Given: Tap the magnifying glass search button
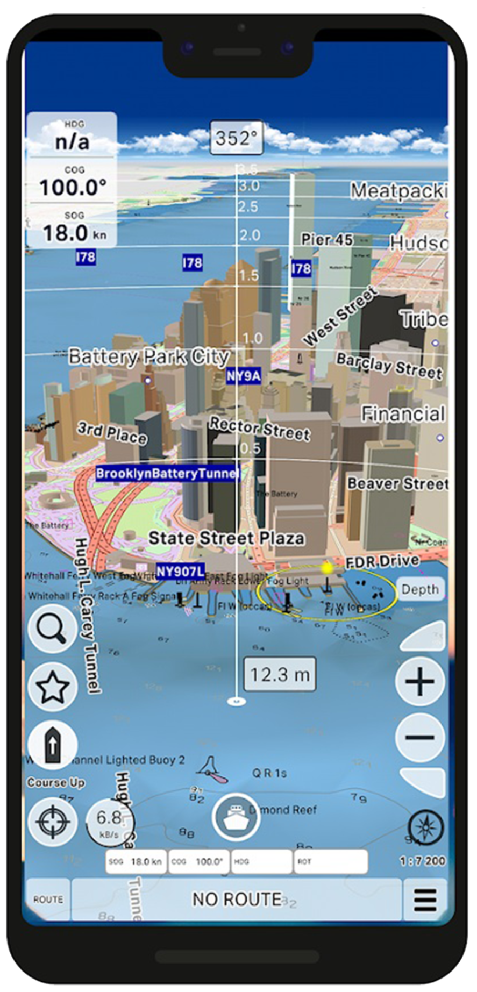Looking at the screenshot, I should pos(53,628).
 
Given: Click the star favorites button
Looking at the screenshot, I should pos(53,687).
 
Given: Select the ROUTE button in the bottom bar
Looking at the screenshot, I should pos(48,900).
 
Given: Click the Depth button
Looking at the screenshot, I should pos(420,589).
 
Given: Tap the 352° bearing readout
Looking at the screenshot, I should pos(237,139).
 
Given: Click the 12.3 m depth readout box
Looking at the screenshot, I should pos(280,674).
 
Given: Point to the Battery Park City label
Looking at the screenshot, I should pos(149,356).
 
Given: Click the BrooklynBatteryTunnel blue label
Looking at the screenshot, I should pos(166,473).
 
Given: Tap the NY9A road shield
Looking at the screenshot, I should pos(243,375).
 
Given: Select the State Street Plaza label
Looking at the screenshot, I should pos(226,538).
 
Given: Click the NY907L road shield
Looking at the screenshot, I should pos(180,571).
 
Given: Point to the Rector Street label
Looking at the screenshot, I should pos(260,429).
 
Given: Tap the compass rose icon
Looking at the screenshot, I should pos(426,827).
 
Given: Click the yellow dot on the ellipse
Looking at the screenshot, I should pos(326,567).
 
